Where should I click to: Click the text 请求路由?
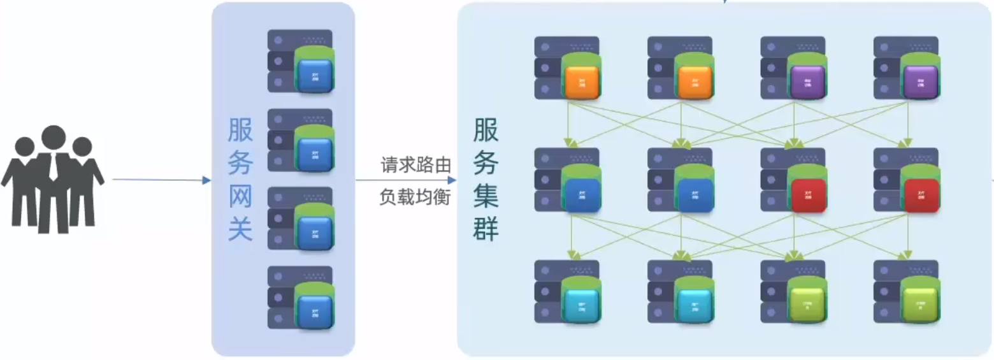pyautogui.click(x=415, y=166)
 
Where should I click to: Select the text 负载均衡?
pyautogui.click(x=415, y=198)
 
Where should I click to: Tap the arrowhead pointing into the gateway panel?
pyautogui.click(x=206, y=180)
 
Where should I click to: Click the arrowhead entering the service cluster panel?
pyautogui.click(x=452, y=180)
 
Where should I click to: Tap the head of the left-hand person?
pyautogui.click(x=25, y=146)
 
